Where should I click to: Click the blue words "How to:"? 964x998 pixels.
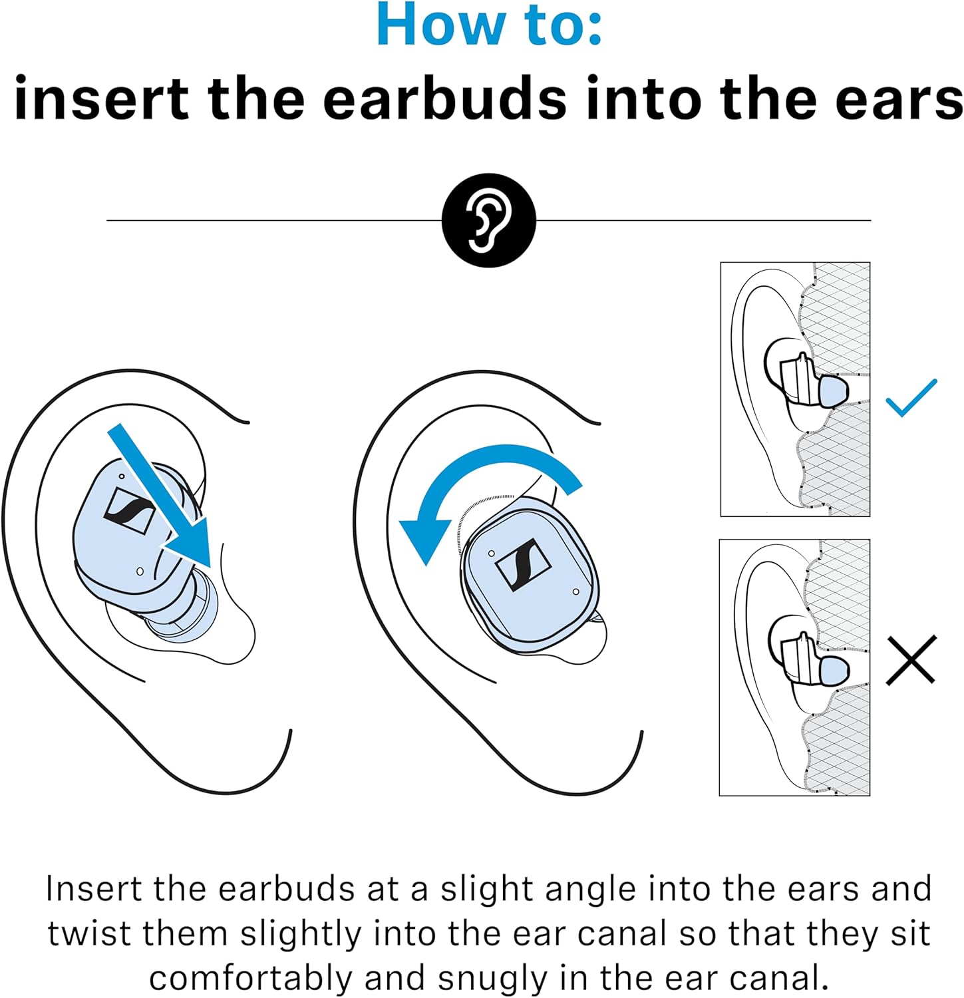pyautogui.click(x=489, y=25)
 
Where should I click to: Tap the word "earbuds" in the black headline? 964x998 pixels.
pyautogui.click(x=445, y=98)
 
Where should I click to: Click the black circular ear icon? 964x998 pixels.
pyautogui.click(x=489, y=220)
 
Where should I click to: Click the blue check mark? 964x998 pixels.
pyautogui.click(x=911, y=398)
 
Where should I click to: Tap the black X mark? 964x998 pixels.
pyautogui.click(x=911, y=660)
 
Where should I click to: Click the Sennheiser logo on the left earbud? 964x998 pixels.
pyautogui.click(x=130, y=511)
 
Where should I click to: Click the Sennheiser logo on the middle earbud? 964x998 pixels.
pyautogui.click(x=523, y=564)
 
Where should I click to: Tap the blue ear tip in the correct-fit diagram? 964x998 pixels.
pyautogui.click(x=832, y=391)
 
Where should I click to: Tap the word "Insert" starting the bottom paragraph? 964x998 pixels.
pyautogui.click(x=93, y=889)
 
